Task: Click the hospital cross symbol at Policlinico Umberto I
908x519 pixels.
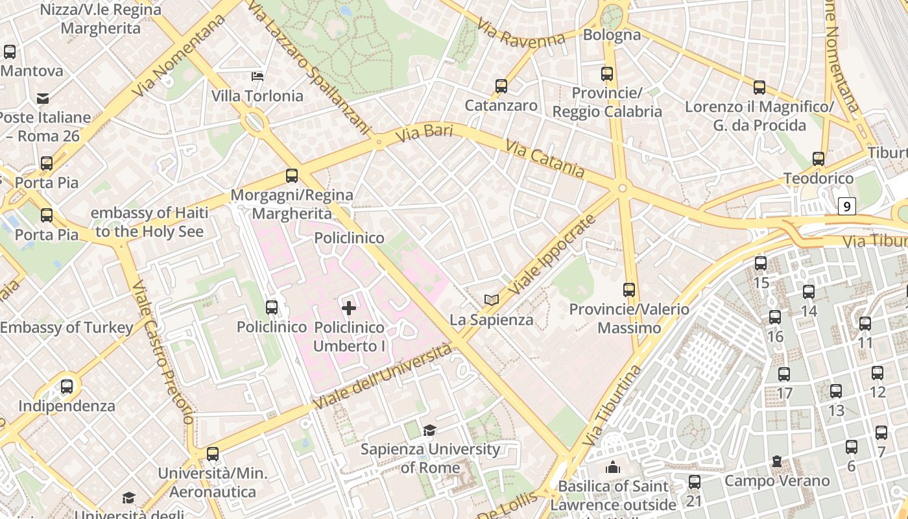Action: (x=349, y=308)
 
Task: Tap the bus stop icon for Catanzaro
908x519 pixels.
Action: (x=501, y=86)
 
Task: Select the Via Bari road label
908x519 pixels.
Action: (x=424, y=134)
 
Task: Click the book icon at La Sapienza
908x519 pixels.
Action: (x=492, y=300)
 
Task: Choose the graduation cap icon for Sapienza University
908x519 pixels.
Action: (x=429, y=430)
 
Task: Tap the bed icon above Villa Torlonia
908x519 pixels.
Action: (x=257, y=76)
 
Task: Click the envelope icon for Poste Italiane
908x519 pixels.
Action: (x=43, y=99)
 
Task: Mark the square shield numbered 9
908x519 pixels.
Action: (x=846, y=206)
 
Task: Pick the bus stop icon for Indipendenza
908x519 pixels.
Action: (x=67, y=387)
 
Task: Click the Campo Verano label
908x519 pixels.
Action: (x=777, y=481)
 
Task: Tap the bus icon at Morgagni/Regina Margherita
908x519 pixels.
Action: (x=292, y=176)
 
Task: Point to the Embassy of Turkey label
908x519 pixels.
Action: (x=66, y=328)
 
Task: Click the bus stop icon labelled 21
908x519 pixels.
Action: (x=695, y=482)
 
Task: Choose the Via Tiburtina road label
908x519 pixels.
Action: (x=611, y=406)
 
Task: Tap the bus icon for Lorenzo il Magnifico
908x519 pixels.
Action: (x=759, y=87)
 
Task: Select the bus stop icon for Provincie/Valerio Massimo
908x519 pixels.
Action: (x=628, y=290)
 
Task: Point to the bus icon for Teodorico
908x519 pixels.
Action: (x=818, y=159)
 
